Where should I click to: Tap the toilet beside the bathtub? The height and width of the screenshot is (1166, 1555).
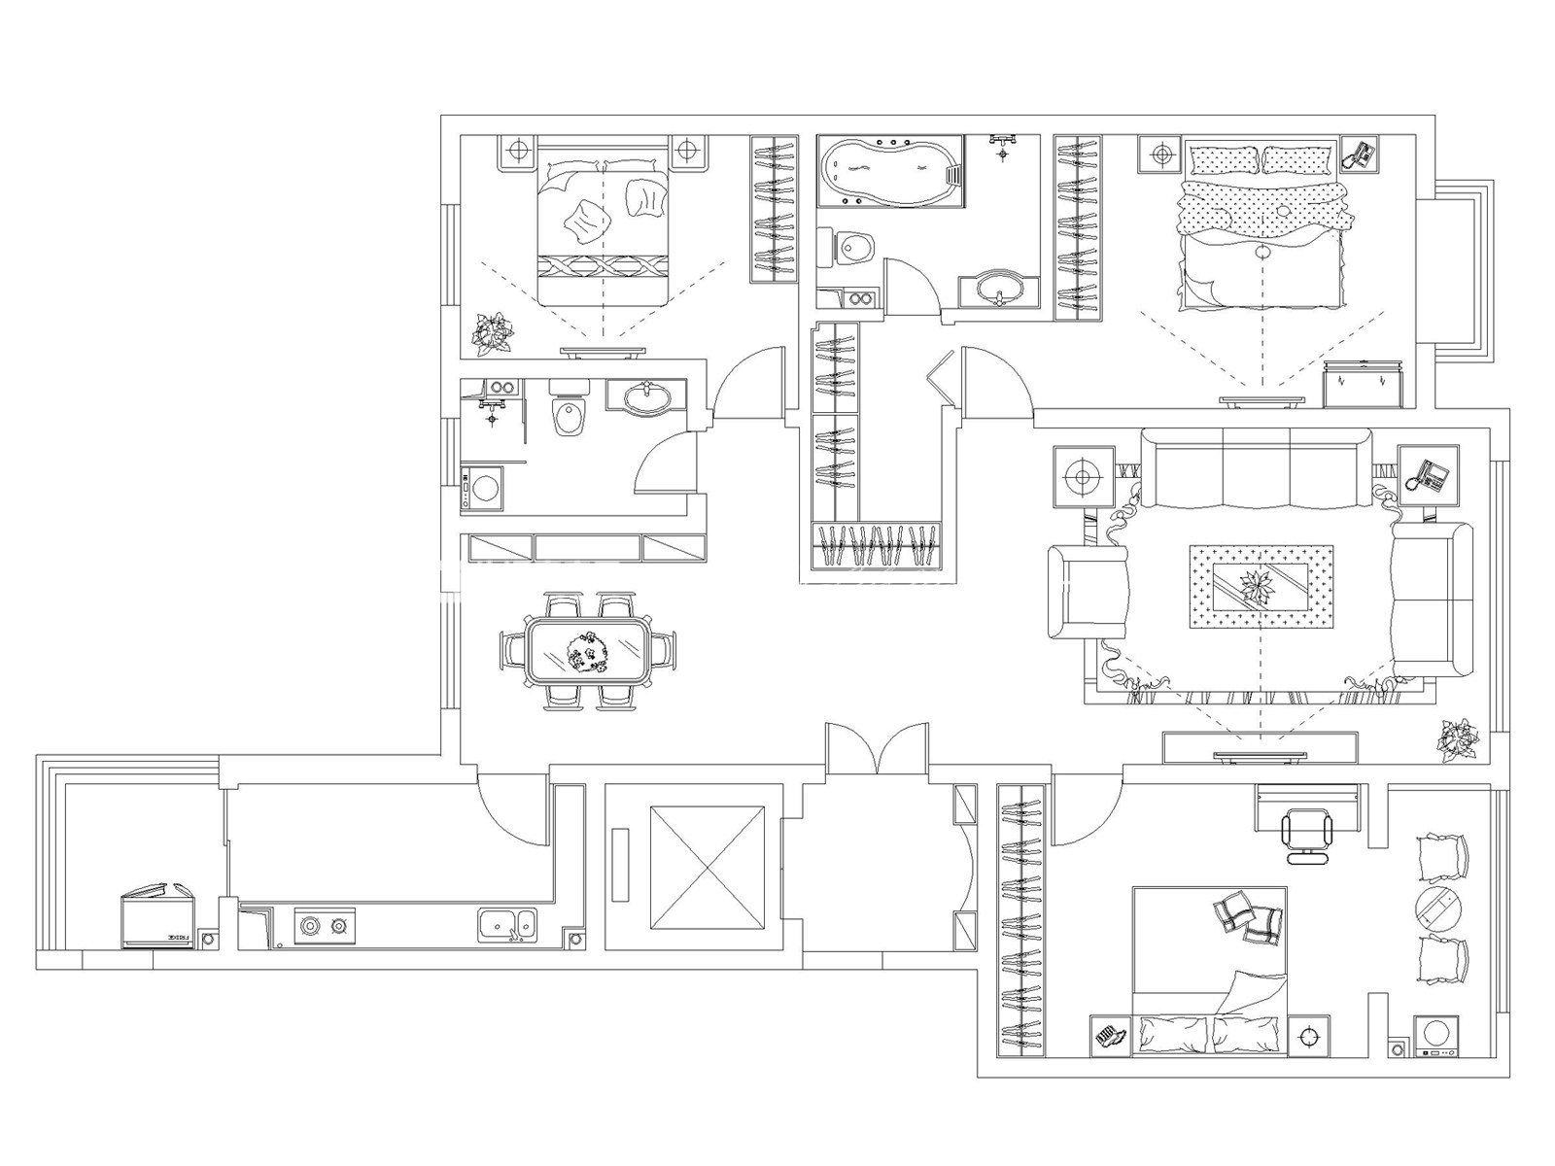click(x=852, y=249)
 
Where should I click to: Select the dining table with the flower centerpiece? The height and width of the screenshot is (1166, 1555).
click(x=587, y=650)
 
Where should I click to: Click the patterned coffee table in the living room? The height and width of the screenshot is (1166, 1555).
click(x=1261, y=590)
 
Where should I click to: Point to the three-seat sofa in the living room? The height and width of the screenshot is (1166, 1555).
click(x=1255, y=468)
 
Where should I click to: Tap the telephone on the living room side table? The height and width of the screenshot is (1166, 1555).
click(x=1428, y=474)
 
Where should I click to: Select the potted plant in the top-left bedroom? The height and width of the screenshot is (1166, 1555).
click(x=493, y=331)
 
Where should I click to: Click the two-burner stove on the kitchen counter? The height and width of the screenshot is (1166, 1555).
click(x=325, y=926)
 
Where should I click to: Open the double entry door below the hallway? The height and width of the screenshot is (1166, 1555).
click(x=877, y=750)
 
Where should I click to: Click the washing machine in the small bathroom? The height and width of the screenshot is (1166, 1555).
click(x=483, y=489)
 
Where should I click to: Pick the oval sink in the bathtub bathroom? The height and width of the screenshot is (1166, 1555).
click(x=999, y=289)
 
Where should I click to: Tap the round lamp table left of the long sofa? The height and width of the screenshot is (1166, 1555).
click(x=1082, y=477)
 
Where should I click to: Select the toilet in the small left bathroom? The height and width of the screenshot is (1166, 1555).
click(x=569, y=415)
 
